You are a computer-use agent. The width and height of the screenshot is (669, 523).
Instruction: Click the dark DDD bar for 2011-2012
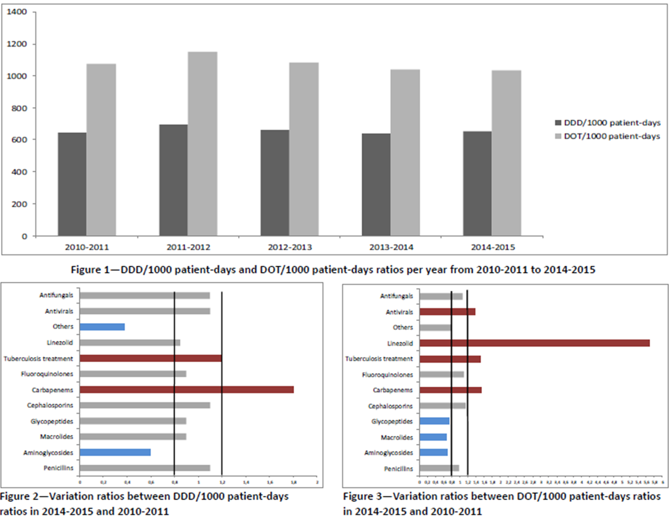pos(173,180)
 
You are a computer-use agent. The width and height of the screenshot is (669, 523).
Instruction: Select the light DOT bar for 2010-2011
pos(101,150)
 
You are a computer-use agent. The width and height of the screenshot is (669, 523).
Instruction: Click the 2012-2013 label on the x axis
pos(290,247)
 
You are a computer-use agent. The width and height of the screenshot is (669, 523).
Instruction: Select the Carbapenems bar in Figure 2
pos(187,390)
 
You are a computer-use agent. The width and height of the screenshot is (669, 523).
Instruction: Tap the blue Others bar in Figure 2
pos(102,327)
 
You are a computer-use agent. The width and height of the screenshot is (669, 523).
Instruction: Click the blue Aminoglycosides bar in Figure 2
pos(115,453)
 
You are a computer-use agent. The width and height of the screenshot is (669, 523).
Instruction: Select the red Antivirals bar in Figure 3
pos(448,312)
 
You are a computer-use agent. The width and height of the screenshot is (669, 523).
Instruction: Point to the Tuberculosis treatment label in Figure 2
pos(38,359)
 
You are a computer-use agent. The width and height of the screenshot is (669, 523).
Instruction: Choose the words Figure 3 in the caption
pos(362,496)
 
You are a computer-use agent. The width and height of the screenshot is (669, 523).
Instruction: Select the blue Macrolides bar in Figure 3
pos(433,437)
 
